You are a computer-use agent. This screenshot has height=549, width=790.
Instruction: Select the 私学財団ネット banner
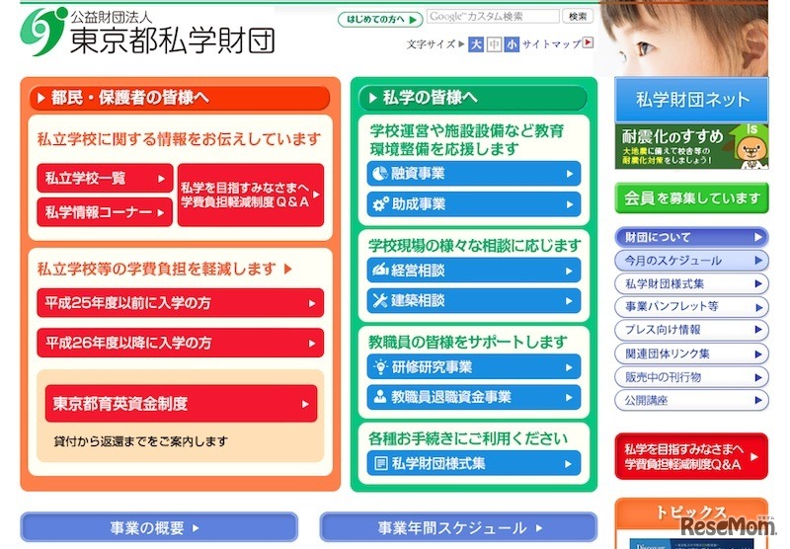click(x=691, y=99)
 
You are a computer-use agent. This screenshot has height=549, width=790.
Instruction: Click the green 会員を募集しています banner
click(x=691, y=197)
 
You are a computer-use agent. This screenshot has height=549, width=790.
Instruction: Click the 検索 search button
click(x=578, y=17)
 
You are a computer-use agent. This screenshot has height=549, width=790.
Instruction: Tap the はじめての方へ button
click(x=380, y=19)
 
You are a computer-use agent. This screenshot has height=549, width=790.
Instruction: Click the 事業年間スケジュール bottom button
click(x=458, y=527)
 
